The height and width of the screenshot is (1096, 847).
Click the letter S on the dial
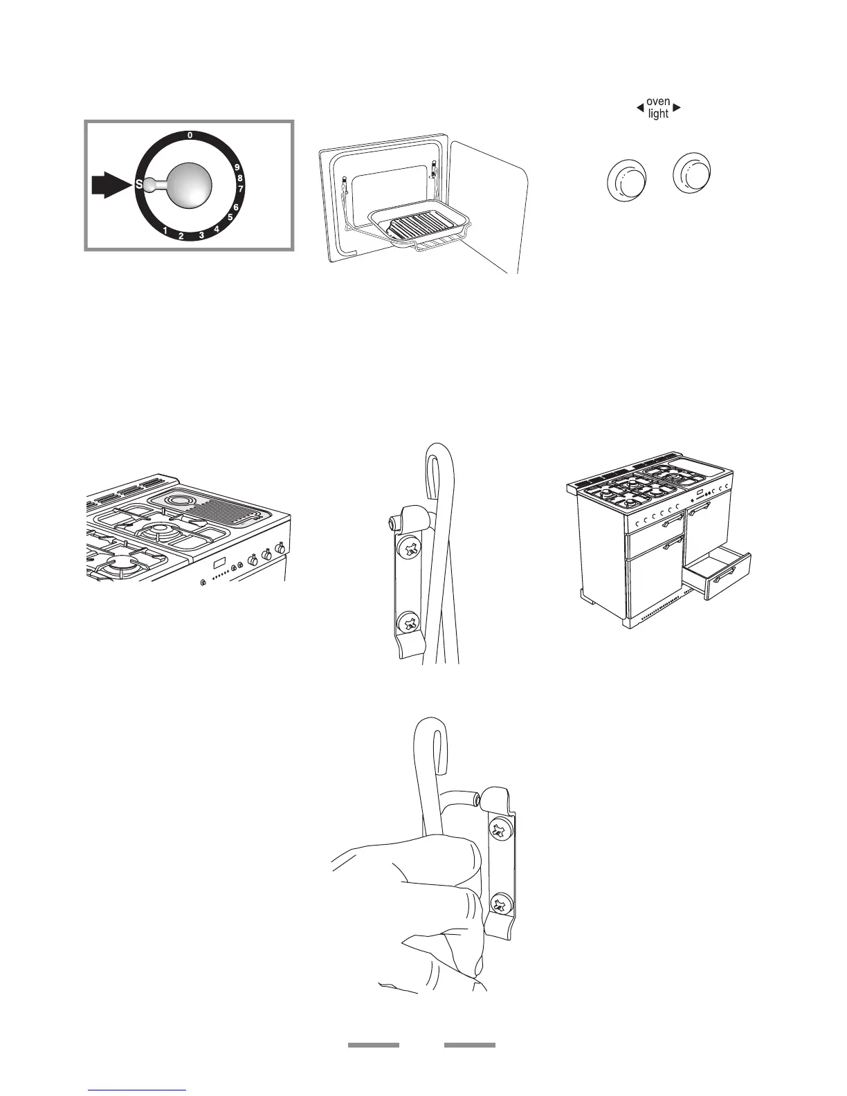pos(139,185)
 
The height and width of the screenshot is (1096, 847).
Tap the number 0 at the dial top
pos(190,136)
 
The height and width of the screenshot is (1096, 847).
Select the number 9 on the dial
pos(237,167)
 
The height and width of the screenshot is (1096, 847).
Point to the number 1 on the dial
pos(165,230)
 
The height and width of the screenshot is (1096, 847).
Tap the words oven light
pos(658,108)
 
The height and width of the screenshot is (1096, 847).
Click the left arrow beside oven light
pos(640,108)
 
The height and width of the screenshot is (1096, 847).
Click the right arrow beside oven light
pos(677,108)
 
